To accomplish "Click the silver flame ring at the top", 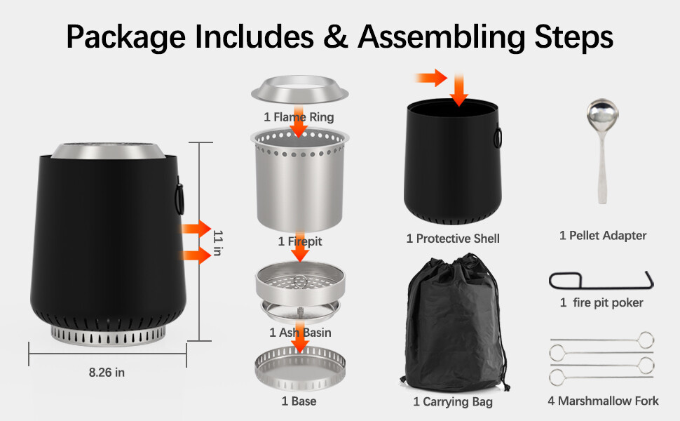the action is (299, 90).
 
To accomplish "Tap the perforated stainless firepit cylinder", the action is (299, 180).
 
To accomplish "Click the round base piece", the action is (300, 368).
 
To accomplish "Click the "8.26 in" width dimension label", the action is (107, 373).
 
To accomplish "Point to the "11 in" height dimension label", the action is (218, 243).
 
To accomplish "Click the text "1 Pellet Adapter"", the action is (603, 236).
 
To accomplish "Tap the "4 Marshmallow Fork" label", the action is (603, 401).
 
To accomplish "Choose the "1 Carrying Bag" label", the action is (453, 402).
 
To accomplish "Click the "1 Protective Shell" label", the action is (453, 239).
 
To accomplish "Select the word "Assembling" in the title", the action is (442, 37).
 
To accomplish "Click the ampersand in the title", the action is (335, 36).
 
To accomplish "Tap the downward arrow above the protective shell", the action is (459, 89).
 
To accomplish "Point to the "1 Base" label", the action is (299, 401).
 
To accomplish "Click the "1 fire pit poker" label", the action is (601, 302).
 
